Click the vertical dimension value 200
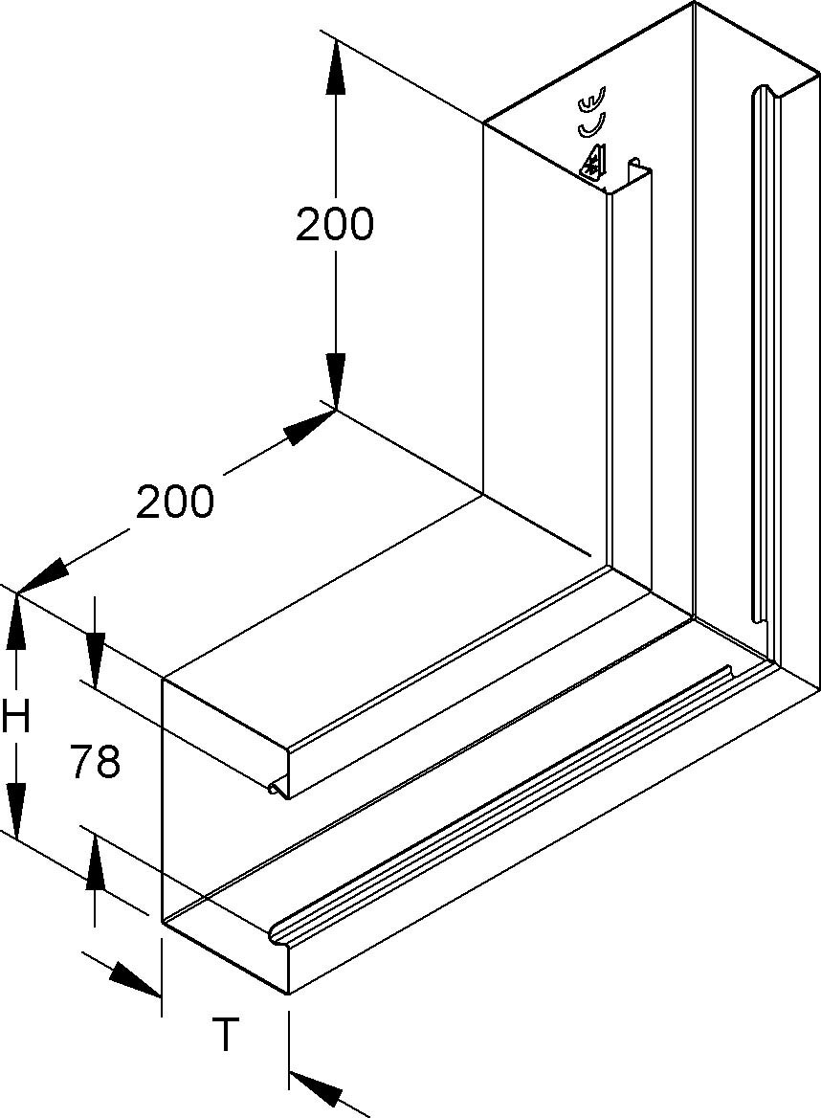click(x=334, y=224)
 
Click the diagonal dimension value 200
click(x=174, y=501)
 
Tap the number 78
click(x=95, y=762)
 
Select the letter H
click(x=15, y=717)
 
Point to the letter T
click(x=225, y=1035)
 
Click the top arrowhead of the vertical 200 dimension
click(x=335, y=69)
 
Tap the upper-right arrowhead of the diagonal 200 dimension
click(x=310, y=426)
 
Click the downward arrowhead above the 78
click(x=96, y=659)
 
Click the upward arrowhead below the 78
click(x=96, y=863)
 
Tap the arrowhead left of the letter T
click(x=136, y=979)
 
